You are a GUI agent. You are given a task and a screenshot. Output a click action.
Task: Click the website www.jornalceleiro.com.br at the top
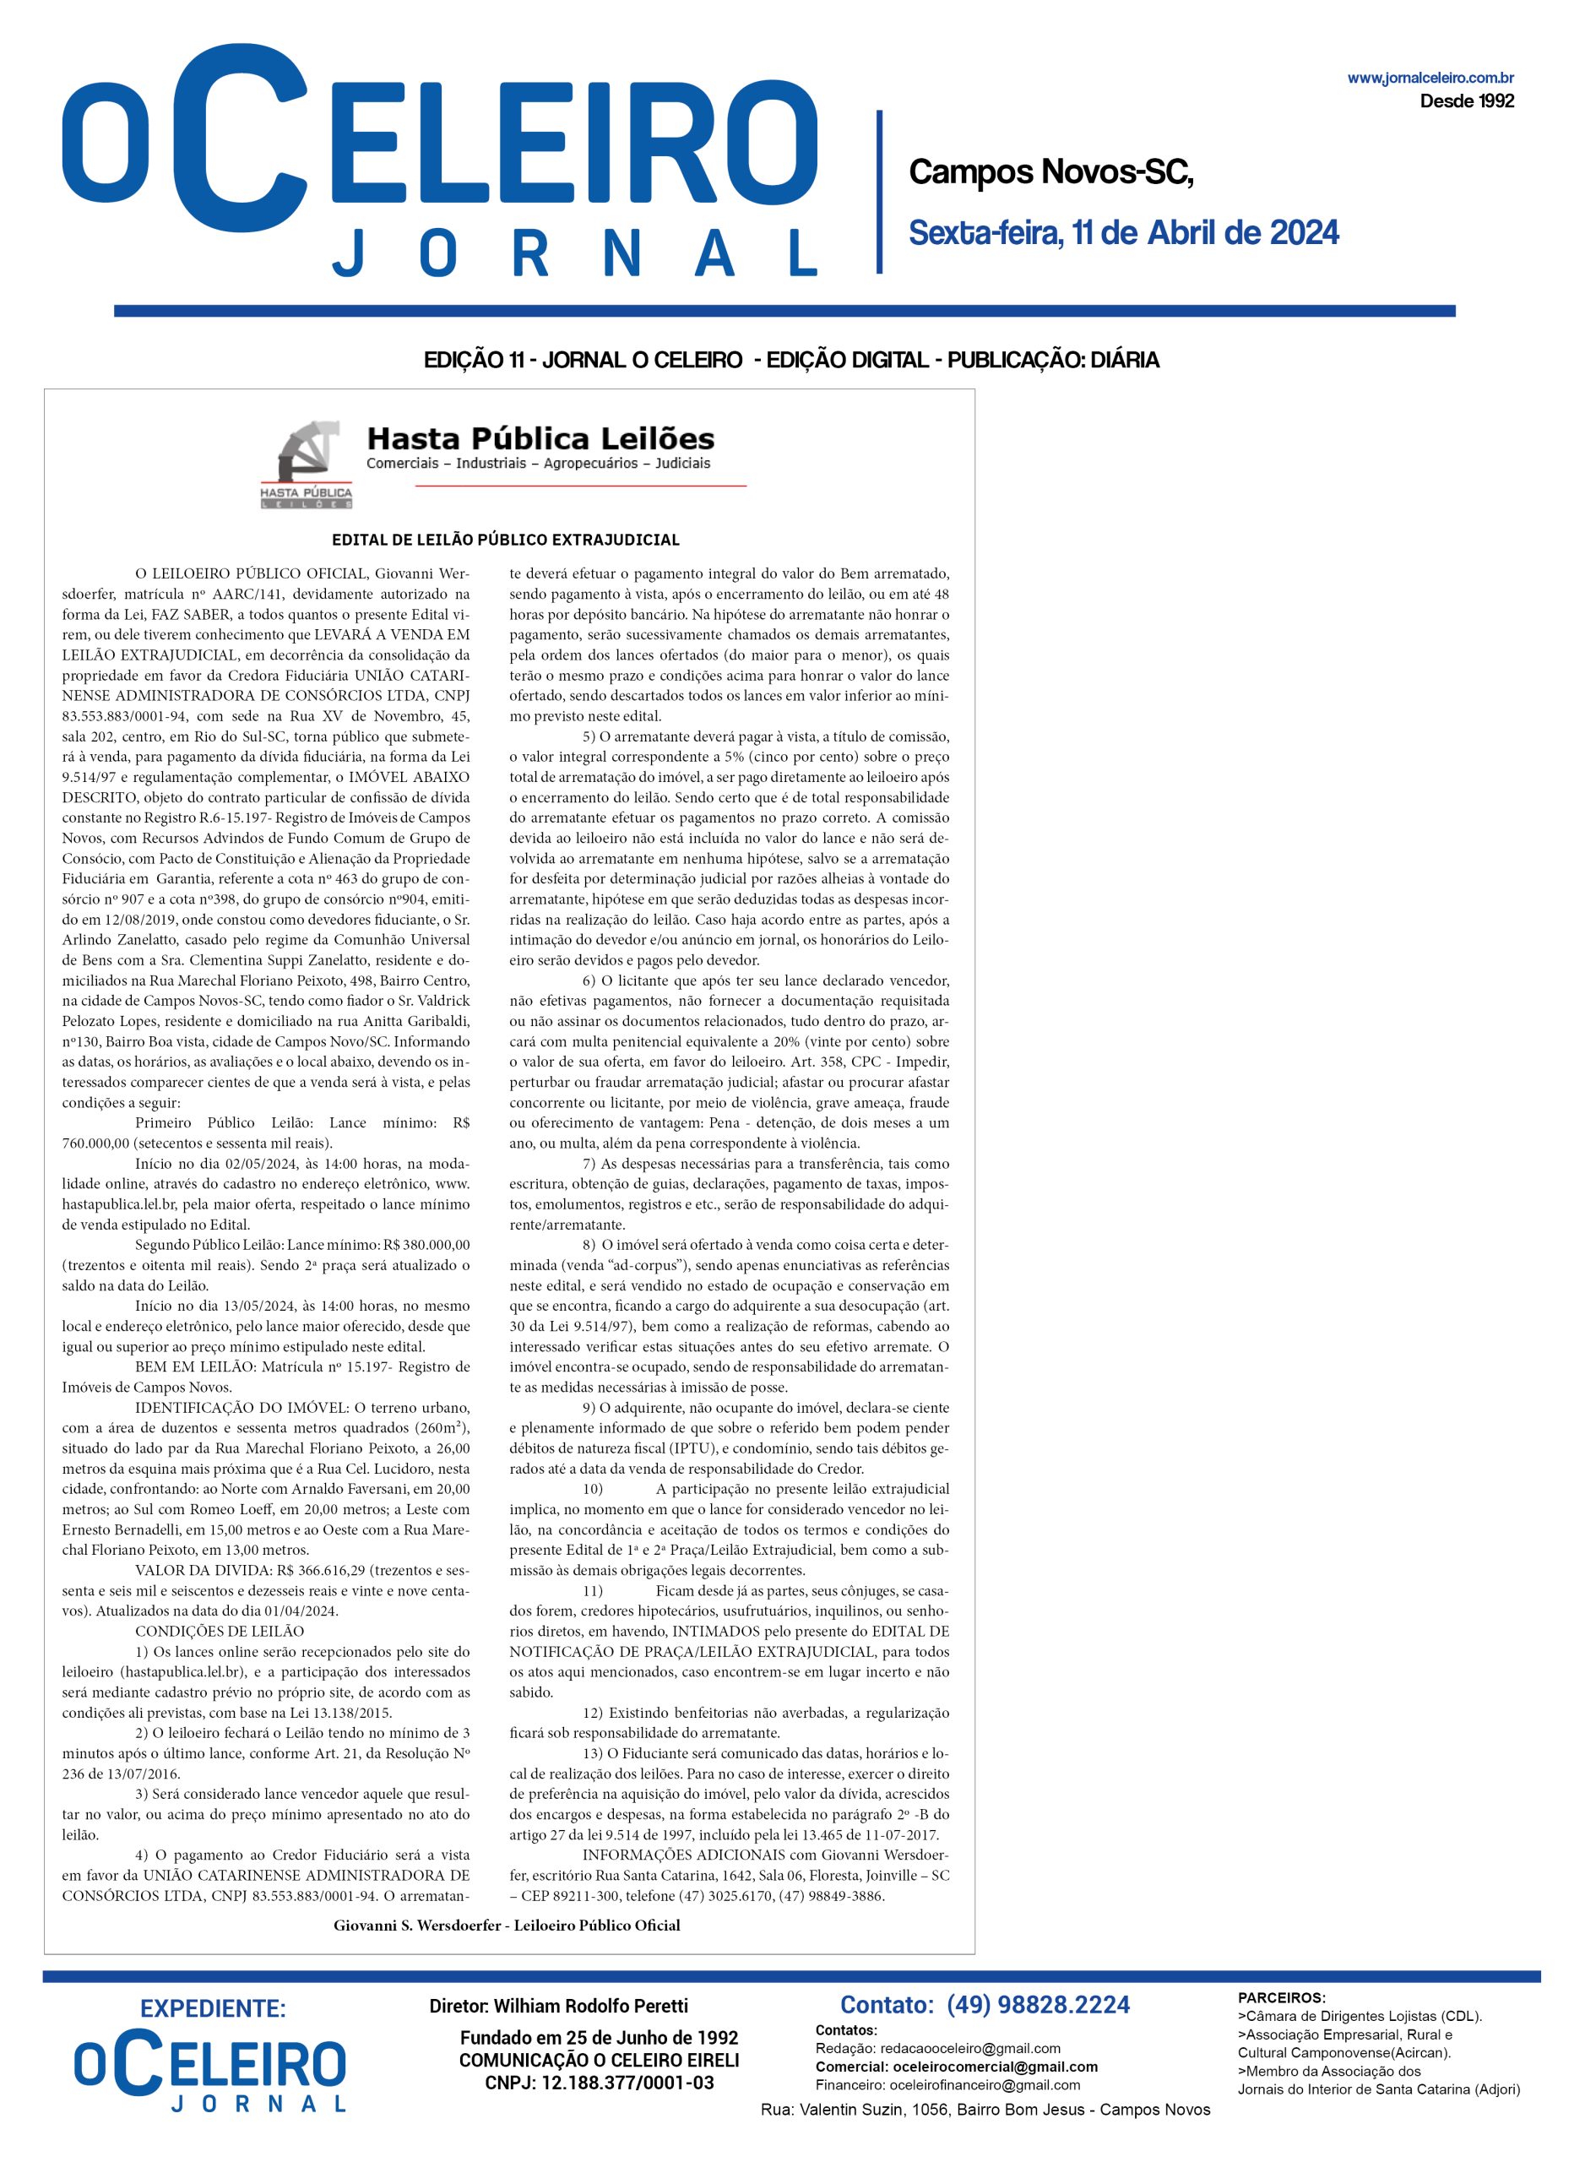[1430, 79]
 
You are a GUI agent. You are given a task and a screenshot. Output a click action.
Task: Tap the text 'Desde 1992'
[1466, 100]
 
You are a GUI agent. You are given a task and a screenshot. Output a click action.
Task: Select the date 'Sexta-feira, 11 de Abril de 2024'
[1123, 233]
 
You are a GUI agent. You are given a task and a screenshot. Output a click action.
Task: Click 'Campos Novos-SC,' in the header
[1050, 173]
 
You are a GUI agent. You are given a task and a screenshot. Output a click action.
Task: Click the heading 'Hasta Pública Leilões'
[541, 439]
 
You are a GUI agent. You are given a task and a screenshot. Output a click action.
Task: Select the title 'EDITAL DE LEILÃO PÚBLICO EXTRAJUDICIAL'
[506, 540]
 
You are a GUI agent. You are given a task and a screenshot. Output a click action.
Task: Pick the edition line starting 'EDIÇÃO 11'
[791, 361]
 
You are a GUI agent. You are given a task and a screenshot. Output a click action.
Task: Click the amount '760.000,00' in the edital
[96, 1143]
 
